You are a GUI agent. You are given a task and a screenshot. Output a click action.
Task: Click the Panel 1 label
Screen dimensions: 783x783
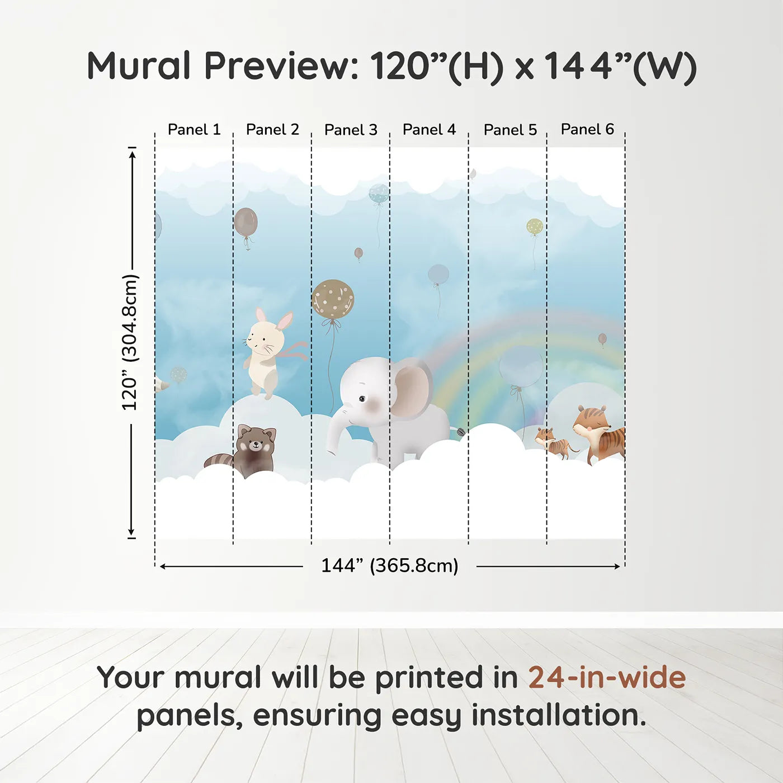[194, 130]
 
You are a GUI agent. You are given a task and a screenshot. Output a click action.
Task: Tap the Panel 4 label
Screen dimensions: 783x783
[429, 130]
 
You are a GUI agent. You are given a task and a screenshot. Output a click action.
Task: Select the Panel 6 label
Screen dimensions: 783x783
[587, 129]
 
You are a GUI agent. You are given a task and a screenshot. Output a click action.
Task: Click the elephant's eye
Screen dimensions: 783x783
[362, 399]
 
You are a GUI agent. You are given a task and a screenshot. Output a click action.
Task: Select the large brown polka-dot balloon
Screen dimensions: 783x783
[333, 299]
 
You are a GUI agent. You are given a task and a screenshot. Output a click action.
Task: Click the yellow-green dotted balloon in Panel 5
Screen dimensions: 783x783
[535, 227]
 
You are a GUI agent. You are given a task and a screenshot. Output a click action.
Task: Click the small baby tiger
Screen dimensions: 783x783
[554, 443]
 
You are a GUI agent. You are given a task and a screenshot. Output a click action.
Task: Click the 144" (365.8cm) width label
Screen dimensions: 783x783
[390, 565]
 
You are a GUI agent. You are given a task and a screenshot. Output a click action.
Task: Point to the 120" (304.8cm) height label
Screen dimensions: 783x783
[130, 342]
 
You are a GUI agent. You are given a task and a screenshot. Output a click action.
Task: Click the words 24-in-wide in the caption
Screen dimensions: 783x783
[607, 677]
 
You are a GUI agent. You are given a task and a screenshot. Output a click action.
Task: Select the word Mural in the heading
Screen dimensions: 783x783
[139, 65]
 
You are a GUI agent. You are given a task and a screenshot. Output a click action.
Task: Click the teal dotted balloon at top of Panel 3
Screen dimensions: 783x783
[379, 194]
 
